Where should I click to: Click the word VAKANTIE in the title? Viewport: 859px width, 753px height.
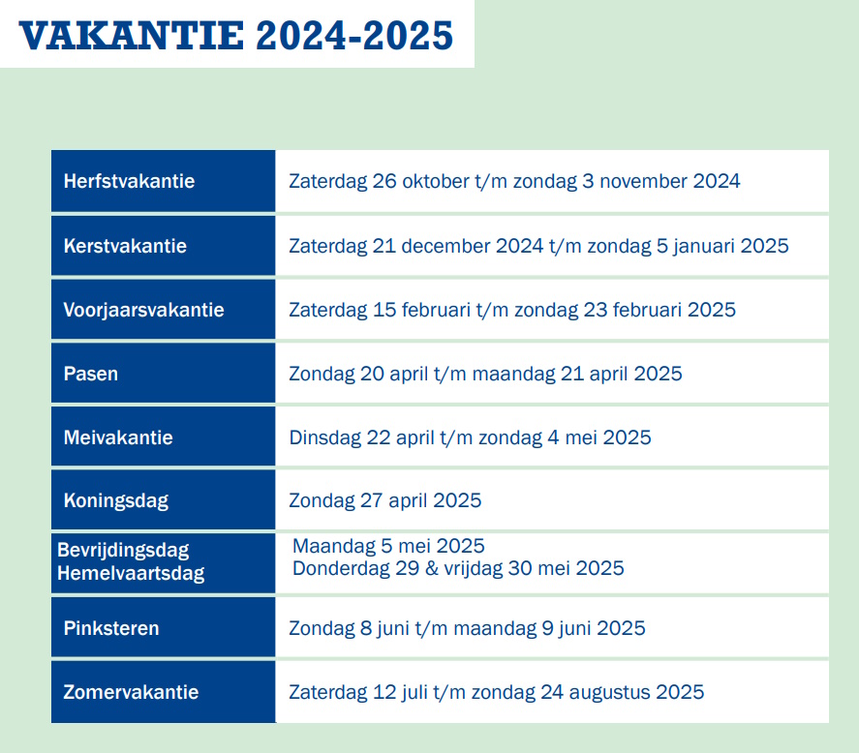[x=131, y=36]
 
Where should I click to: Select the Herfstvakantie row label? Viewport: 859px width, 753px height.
[x=130, y=181]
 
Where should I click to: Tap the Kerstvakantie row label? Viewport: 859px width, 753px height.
[x=125, y=246]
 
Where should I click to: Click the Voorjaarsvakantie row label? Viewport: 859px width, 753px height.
[x=143, y=310]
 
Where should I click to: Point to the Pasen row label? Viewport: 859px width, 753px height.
[x=91, y=374]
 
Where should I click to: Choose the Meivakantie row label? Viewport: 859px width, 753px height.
[x=118, y=437]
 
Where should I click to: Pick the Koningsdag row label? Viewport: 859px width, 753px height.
[x=116, y=501]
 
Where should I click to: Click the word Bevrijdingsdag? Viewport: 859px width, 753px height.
[x=123, y=551]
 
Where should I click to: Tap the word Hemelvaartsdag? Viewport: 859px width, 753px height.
[x=131, y=573]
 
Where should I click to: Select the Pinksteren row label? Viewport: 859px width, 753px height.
[x=111, y=628]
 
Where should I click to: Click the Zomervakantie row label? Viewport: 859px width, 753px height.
[x=131, y=692]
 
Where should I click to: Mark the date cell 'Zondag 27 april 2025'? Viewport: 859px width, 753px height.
[x=385, y=501]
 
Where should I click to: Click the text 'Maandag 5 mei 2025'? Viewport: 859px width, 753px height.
[x=388, y=547]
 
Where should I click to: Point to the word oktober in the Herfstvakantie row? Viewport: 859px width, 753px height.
[x=436, y=181]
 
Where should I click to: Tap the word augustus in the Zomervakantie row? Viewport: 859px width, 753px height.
[x=610, y=693]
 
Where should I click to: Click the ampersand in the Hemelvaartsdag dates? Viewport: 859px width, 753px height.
[x=432, y=568]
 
